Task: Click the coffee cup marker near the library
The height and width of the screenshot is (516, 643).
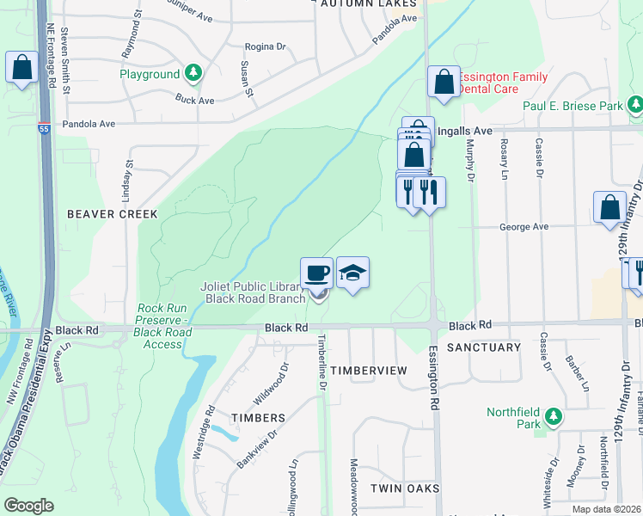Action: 317,273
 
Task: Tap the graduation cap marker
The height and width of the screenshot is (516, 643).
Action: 352,273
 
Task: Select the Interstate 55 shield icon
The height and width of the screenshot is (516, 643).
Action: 43,128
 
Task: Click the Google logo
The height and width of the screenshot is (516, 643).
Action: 28,506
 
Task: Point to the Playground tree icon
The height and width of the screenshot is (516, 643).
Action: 195,74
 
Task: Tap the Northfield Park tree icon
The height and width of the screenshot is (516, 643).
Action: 554,417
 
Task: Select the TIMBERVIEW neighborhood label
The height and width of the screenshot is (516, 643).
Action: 369,370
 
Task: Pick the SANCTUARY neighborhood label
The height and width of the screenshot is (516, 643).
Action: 484,347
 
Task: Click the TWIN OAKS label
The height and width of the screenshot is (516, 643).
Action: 405,488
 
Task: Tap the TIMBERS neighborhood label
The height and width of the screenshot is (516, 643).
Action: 257,418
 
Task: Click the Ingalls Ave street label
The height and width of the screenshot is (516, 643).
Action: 464,131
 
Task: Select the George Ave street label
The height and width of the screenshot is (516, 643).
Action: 524,227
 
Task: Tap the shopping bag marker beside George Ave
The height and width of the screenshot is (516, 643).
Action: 609,208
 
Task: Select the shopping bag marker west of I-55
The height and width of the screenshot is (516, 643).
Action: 21,67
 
